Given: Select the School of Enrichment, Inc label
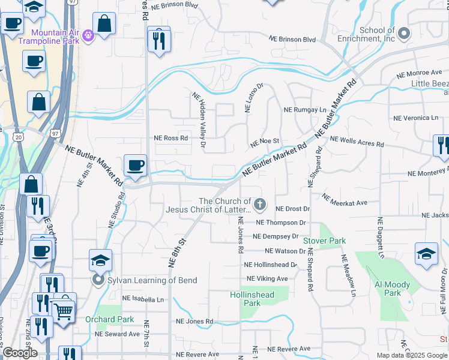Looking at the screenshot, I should pyautogui.click(x=377, y=34).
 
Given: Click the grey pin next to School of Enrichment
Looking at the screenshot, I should pyautogui.click(x=404, y=34).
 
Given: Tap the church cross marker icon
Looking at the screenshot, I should pyautogui.click(x=260, y=205).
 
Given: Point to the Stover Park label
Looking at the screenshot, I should pyautogui.click(x=324, y=241).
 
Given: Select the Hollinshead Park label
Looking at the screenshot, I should pyautogui.click(x=252, y=299).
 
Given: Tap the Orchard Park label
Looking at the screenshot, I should pyautogui.click(x=101, y=319).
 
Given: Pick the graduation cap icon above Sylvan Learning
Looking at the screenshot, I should pyautogui.click(x=101, y=260).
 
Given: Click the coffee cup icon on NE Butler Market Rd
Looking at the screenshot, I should pyautogui.click(x=134, y=165).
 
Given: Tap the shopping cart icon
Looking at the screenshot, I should pyautogui.click(x=64, y=309).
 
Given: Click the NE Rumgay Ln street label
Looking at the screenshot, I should pyautogui.click(x=304, y=110).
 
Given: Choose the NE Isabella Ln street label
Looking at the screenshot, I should pyautogui.click(x=142, y=299).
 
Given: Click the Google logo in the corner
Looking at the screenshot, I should pyautogui.click(x=19, y=353).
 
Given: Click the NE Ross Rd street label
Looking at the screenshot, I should pyautogui.click(x=170, y=137).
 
